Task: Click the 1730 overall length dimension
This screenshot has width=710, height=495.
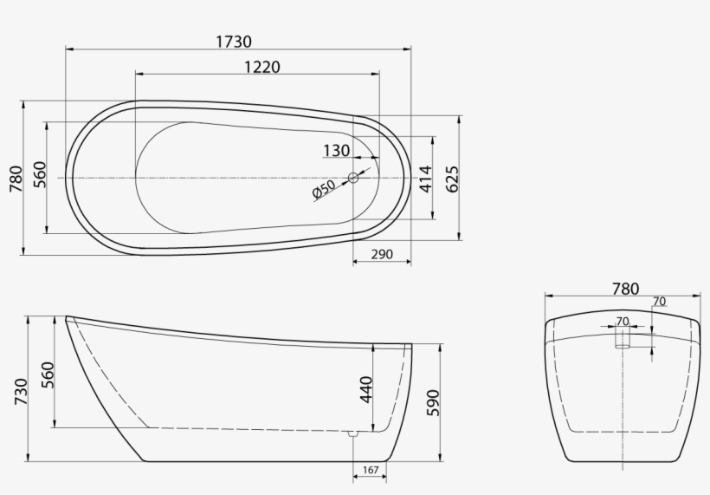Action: point(234,41)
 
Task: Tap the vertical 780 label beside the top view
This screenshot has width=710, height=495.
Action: point(15,178)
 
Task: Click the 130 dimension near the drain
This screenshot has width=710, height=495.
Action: point(336,151)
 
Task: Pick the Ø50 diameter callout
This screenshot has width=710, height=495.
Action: point(324,190)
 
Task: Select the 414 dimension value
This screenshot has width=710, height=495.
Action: point(424,179)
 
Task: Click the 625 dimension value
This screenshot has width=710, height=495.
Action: point(452,178)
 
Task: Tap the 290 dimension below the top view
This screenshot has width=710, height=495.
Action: point(382,255)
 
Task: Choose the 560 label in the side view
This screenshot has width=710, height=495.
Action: point(48,375)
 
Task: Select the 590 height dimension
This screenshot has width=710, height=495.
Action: point(433,402)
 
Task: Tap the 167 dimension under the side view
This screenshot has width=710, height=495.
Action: point(370,471)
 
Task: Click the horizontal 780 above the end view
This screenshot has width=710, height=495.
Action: point(624,289)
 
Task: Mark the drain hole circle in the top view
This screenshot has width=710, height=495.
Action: point(353,178)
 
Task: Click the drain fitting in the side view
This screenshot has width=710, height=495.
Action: point(352,433)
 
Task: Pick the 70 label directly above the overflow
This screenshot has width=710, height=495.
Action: point(622,321)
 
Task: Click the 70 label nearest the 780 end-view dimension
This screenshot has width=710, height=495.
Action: point(659,302)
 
